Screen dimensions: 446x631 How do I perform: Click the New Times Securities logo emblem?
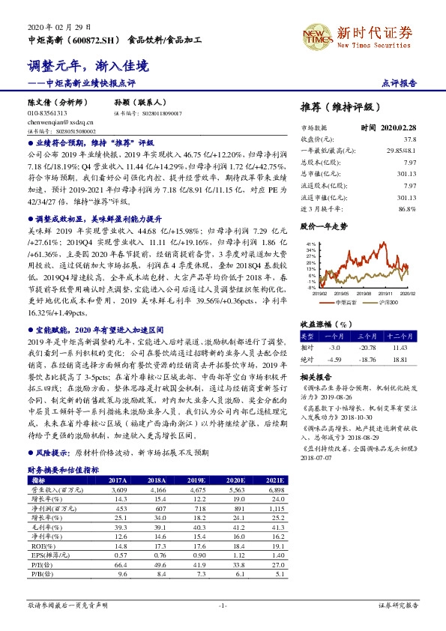tap(313, 34)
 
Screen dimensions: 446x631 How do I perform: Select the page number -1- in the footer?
tap(222, 604)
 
